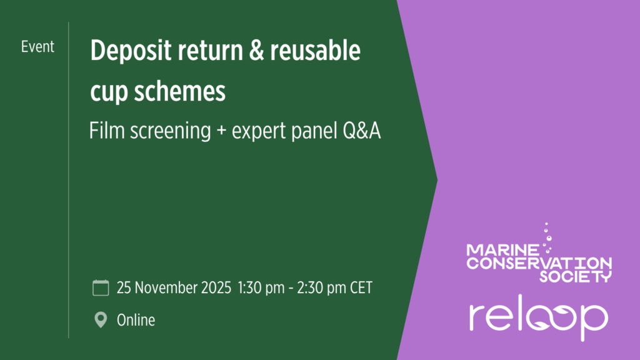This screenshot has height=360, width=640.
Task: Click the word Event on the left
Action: pyautogui.click(x=37, y=47)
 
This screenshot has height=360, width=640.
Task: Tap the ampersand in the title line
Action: pyautogui.click(x=256, y=51)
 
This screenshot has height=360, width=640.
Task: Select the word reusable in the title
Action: pyautogui.click(x=315, y=50)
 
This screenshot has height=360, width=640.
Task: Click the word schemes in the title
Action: pyautogui.click(x=179, y=91)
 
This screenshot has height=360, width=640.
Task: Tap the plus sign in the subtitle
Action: pyautogui.click(x=221, y=131)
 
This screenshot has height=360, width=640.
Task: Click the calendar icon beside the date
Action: pyautogui.click(x=101, y=287)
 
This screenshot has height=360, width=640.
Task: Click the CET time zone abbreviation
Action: pyautogui.click(x=361, y=287)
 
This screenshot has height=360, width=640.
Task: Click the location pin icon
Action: pyautogui.click(x=101, y=320)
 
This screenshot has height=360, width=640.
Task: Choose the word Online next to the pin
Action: pyautogui.click(x=136, y=321)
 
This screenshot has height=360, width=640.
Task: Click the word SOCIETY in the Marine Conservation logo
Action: pyautogui.click(x=576, y=276)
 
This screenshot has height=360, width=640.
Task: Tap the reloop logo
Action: pyautogui.click(x=539, y=317)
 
